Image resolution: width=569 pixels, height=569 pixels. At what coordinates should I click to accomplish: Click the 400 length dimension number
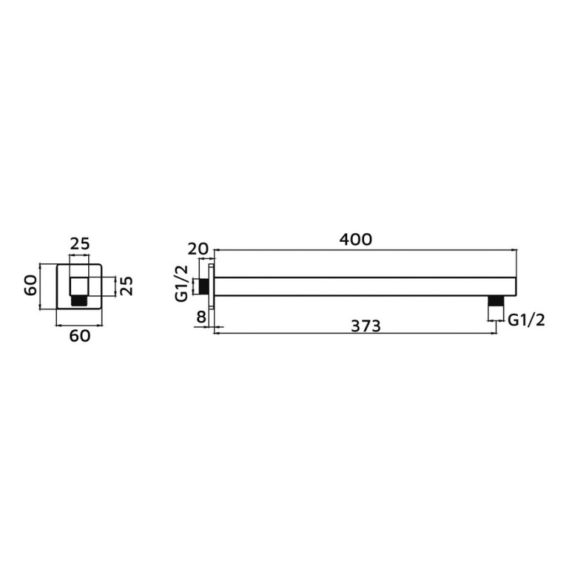356,240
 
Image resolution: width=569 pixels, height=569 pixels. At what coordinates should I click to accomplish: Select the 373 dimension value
366,326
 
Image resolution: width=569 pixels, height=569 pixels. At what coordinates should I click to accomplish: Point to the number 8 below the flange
201,317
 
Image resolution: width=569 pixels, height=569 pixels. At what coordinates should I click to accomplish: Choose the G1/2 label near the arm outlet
526,320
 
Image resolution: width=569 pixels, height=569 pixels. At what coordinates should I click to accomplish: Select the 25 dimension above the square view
80,244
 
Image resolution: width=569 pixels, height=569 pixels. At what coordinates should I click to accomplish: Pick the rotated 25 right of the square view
125,287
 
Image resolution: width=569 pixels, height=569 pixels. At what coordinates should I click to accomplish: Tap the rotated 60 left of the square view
31,286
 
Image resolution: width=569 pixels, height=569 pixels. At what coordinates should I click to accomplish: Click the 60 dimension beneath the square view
80,336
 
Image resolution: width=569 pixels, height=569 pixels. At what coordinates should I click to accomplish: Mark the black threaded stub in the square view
79,301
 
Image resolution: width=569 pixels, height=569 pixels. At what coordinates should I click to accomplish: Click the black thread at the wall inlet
204,287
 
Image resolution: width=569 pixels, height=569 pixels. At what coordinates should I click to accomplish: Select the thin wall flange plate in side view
211,287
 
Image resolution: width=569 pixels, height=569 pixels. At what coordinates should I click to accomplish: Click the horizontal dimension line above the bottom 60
79,326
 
